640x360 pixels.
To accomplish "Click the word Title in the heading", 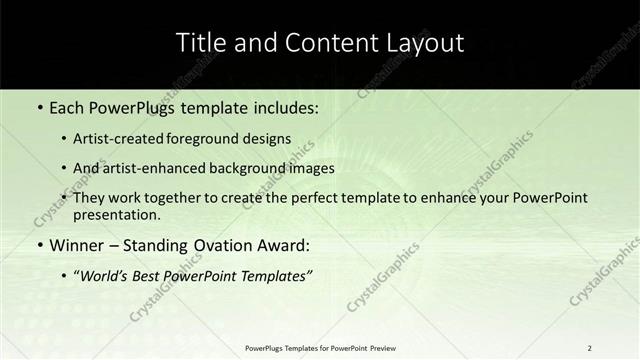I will pyautogui.click(x=199, y=43).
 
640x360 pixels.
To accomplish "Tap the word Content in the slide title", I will pyautogui.click(x=315, y=43).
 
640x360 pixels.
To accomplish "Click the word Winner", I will pyautogui.click(x=76, y=246).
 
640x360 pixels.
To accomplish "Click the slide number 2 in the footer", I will pyautogui.click(x=589, y=348).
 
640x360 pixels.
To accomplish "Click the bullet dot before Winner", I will pyautogui.click(x=39, y=246).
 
